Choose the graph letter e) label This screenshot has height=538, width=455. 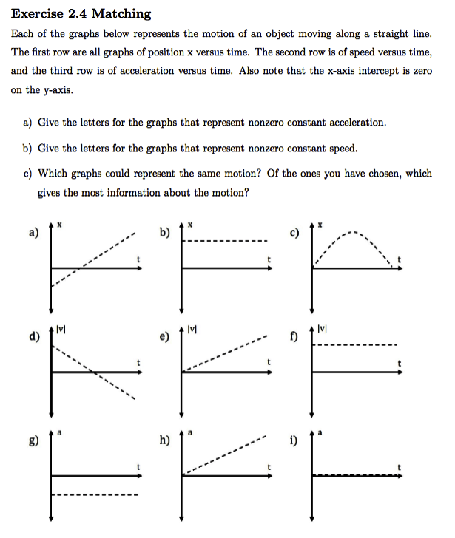point(164,339)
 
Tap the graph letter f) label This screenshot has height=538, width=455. point(294,339)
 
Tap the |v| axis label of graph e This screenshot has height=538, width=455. point(192,328)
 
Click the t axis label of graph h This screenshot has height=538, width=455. point(269,468)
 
